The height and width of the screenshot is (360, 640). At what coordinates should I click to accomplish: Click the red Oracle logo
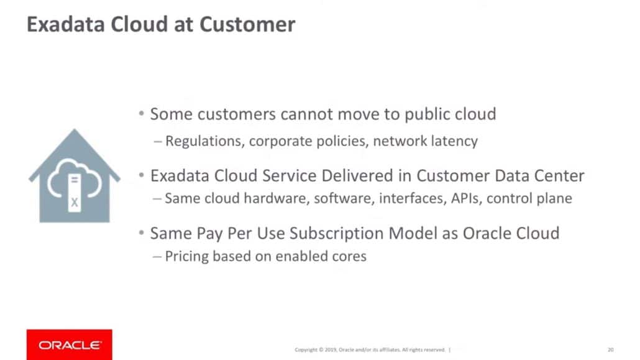69,344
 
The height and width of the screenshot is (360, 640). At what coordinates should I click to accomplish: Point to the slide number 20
610,349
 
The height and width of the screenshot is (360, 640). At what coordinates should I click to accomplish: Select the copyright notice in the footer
370,349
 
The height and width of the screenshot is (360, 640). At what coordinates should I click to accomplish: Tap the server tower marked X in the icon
75,192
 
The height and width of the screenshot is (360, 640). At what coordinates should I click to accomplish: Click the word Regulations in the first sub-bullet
204,141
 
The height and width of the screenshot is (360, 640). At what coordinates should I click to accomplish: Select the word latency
455,141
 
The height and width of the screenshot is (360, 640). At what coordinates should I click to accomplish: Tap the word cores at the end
349,256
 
